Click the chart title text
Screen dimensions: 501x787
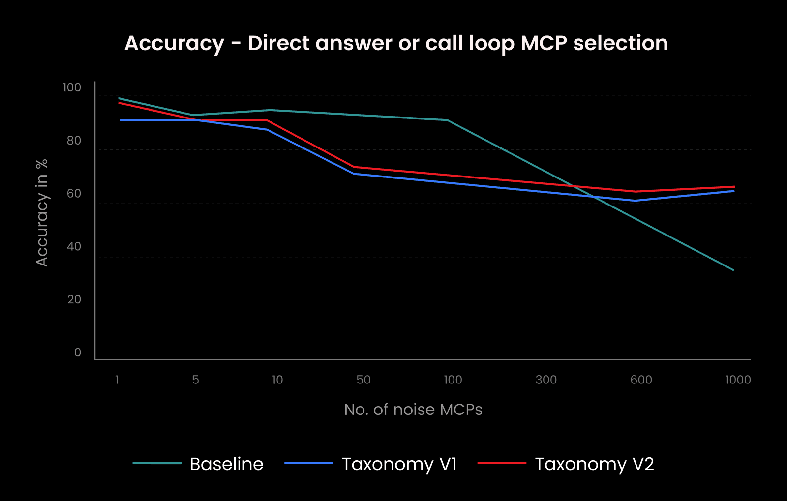click(396, 43)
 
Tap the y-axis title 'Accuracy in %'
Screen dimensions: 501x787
click(42, 212)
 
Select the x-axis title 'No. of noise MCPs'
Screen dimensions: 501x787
click(413, 410)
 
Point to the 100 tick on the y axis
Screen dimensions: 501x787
click(72, 88)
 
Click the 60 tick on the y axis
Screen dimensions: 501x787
click(74, 194)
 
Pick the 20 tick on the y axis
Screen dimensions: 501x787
click(74, 299)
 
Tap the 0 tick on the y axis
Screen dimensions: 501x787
click(78, 353)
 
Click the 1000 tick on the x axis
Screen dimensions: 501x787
click(738, 380)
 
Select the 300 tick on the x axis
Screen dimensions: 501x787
click(546, 380)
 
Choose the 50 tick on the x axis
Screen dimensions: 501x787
click(363, 380)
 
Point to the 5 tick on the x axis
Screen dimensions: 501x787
click(196, 380)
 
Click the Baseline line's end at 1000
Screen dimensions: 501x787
click(733, 270)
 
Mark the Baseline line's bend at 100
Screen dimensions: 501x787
click(447, 120)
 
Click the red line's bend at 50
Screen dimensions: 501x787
click(354, 167)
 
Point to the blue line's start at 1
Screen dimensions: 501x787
click(120, 120)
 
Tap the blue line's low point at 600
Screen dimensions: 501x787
click(635, 201)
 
